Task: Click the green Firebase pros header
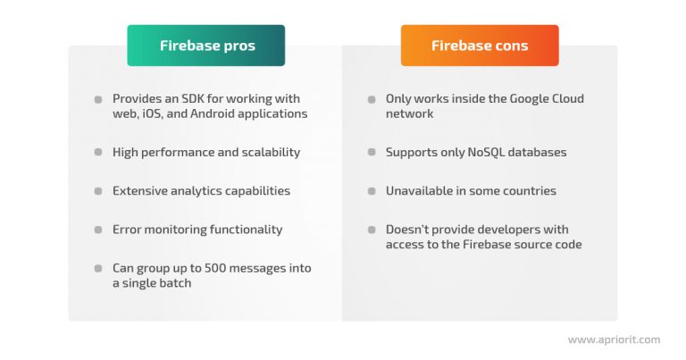tap(206, 46)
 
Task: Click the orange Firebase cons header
tap(479, 46)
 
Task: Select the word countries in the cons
tap(527, 190)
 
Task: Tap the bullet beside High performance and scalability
tap(98, 153)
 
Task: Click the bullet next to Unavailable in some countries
tap(372, 191)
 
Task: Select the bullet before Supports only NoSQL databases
tap(372, 153)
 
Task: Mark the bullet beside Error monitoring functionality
tap(98, 230)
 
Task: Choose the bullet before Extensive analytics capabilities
tap(98, 191)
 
